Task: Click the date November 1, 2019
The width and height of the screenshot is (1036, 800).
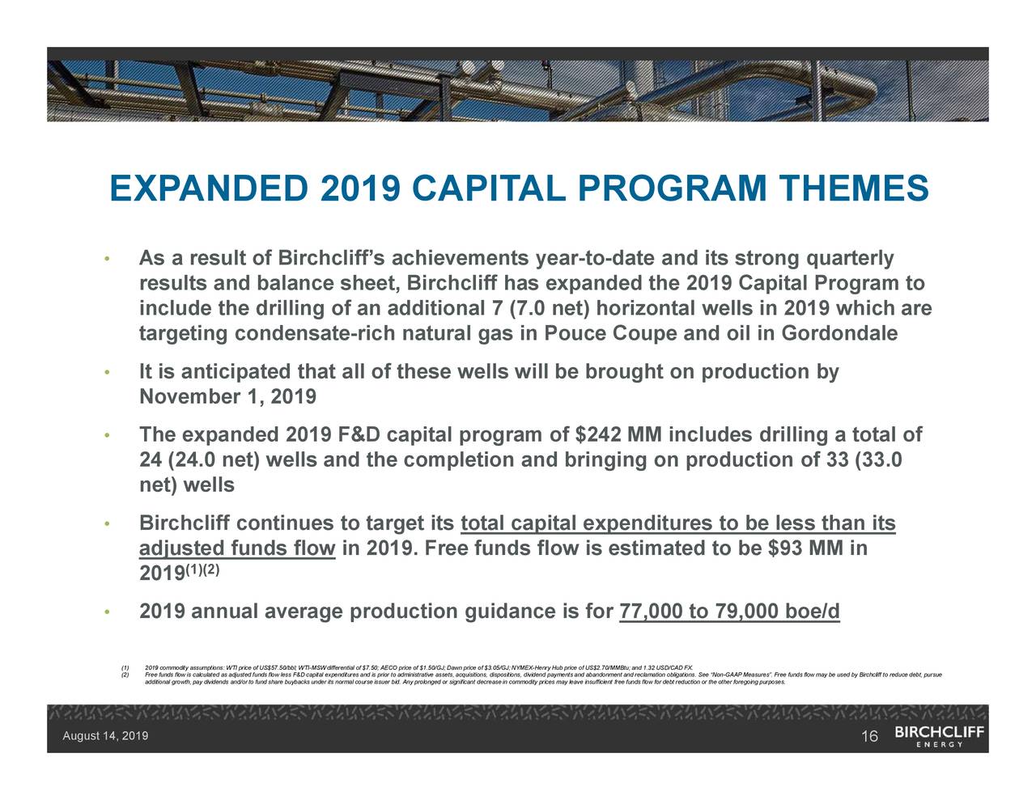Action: point(227,398)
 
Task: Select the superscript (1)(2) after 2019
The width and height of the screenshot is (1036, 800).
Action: point(203,569)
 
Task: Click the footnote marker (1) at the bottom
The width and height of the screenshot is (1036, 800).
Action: point(125,667)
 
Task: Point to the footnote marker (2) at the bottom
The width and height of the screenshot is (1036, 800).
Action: point(125,674)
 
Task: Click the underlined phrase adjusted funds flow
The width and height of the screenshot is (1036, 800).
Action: point(237,550)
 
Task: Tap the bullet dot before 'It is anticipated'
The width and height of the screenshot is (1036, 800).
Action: point(105,373)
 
